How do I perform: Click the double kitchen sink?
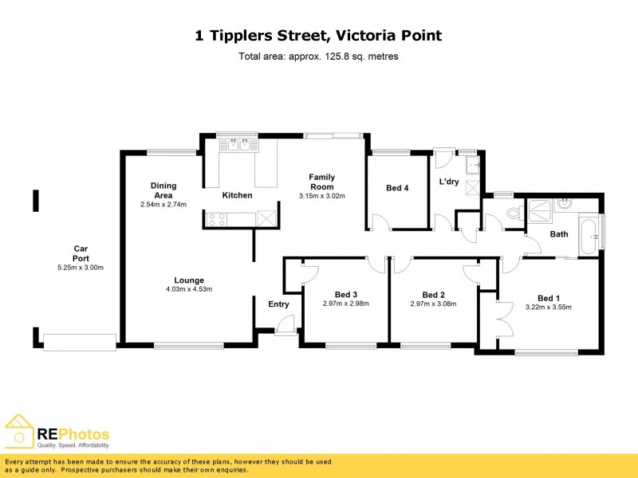(x=239, y=145)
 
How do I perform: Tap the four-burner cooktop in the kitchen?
(x=217, y=217)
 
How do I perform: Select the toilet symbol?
(x=513, y=214)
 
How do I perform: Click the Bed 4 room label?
(x=397, y=188)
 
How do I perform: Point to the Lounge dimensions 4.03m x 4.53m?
(x=190, y=289)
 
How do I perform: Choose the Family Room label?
(x=321, y=182)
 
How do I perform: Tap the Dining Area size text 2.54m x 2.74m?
(x=163, y=205)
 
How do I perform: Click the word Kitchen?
(x=237, y=195)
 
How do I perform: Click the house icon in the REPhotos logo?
(x=18, y=431)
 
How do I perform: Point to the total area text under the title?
(x=318, y=57)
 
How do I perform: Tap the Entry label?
(x=278, y=304)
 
